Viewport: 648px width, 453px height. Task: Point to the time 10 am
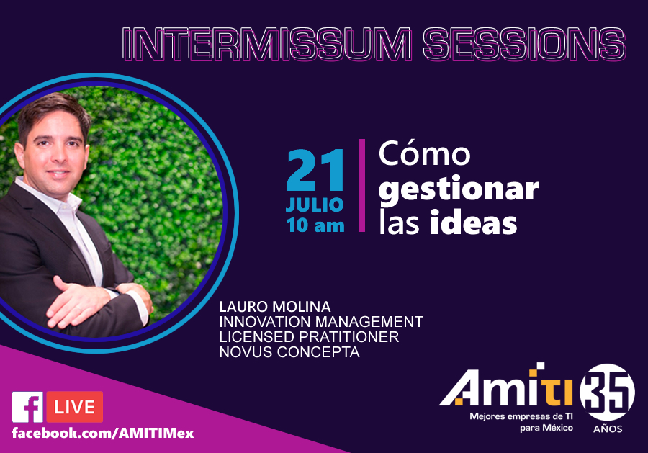pyautogui.click(x=315, y=225)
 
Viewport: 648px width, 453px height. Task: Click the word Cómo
pyautogui.click(x=424, y=154)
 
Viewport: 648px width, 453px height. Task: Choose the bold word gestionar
pyautogui.click(x=459, y=188)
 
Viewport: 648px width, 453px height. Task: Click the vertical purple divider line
pyautogui.click(x=361, y=186)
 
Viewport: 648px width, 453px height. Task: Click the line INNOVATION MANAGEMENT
pyautogui.click(x=321, y=322)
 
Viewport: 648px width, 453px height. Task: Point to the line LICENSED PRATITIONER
pyautogui.click(x=309, y=337)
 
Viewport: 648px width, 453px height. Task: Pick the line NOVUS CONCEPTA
pyautogui.click(x=289, y=352)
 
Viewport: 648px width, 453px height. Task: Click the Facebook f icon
pyautogui.click(x=27, y=407)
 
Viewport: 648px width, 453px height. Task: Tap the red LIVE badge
pyautogui.click(x=75, y=407)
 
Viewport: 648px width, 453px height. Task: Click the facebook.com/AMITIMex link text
pyautogui.click(x=102, y=434)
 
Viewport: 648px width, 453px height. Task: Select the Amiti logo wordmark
pyautogui.click(x=507, y=389)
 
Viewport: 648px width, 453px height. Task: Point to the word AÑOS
pyautogui.click(x=608, y=429)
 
